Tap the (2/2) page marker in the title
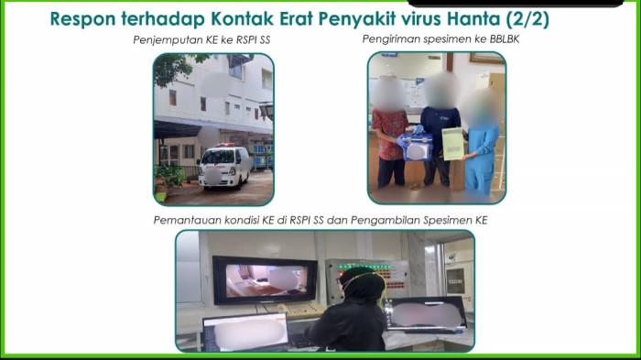[527, 19]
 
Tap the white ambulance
[224, 166]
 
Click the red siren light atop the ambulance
[225, 145]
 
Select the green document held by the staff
[452, 144]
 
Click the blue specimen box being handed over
[416, 147]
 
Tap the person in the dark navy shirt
[440, 130]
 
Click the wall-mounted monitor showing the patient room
[265, 280]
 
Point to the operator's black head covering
[363, 283]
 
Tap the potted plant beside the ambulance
[168, 182]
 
